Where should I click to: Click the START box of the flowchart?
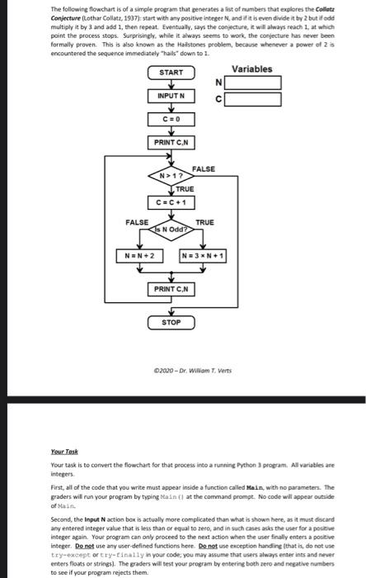(x=171, y=73)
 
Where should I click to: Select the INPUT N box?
(x=171, y=97)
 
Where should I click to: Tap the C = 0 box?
(x=171, y=120)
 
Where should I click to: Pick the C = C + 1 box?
(x=171, y=201)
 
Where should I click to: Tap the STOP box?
(x=171, y=321)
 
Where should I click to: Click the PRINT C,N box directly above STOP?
(x=171, y=288)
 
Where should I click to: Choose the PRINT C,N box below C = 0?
(x=171, y=144)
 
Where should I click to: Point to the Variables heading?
(x=251, y=69)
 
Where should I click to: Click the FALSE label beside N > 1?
(x=203, y=168)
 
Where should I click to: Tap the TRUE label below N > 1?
(x=173, y=189)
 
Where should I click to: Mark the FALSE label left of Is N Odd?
(x=137, y=222)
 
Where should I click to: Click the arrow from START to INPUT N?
(x=171, y=84)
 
